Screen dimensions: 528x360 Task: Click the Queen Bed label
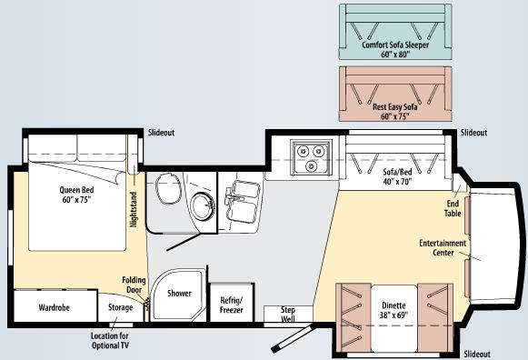(76, 195)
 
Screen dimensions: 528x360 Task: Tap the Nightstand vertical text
(134, 209)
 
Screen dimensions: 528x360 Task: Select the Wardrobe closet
(55, 305)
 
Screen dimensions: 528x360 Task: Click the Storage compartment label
(120, 307)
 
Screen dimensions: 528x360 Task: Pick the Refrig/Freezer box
(232, 303)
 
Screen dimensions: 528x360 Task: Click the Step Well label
(288, 315)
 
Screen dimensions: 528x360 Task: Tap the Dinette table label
(394, 310)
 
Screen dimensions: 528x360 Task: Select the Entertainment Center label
(443, 248)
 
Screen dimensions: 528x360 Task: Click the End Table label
(453, 208)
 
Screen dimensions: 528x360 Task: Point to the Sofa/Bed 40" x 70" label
(397, 176)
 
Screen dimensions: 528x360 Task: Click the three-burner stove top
(312, 157)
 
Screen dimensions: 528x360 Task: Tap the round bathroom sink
(203, 206)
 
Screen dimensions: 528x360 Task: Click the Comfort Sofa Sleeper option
(395, 32)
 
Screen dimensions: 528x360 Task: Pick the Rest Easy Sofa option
(395, 94)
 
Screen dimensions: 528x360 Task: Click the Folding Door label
(134, 285)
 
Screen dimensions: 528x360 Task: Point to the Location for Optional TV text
(110, 341)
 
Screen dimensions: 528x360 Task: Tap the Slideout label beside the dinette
(477, 355)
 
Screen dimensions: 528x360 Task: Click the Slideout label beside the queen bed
(161, 133)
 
